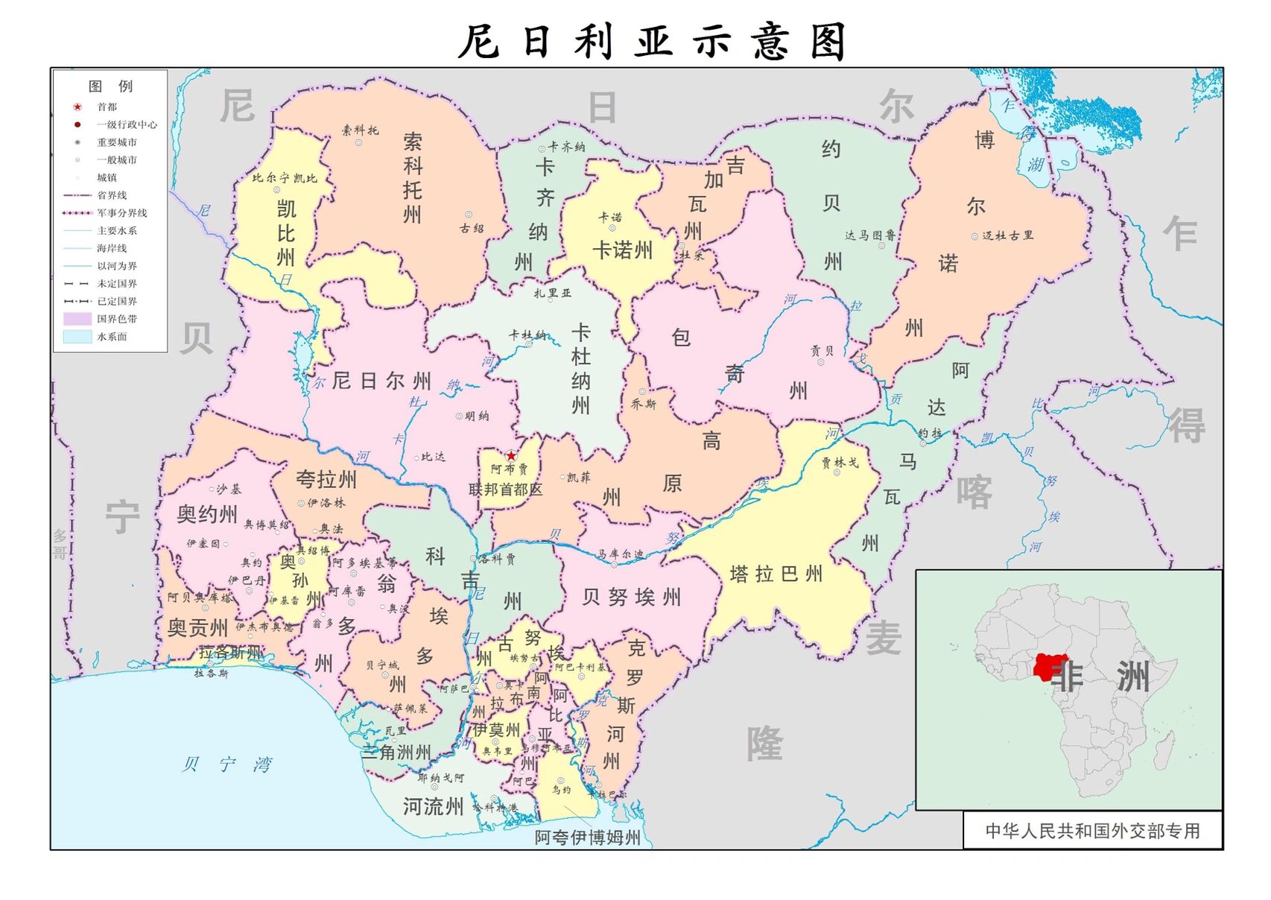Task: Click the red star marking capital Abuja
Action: [x=511, y=456]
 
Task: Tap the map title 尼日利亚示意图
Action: [x=653, y=42]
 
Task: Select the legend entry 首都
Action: [x=107, y=107]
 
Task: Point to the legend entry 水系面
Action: [x=112, y=337]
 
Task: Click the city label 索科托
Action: [x=361, y=130]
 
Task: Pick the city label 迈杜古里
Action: [x=1007, y=235]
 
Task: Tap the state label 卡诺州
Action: [x=622, y=250]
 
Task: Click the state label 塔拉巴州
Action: [x=776, y=574]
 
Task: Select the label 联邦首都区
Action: [x=506, y=489]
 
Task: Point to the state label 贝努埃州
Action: [x=632, y=597]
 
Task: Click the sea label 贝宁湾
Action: [x=227, y=764]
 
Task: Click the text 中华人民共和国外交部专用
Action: [x=1092, y=831]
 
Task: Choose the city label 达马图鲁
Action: [x=869, y=235]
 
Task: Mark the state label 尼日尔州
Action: [x=381, y=381]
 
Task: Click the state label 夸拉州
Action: [x=326, y=479]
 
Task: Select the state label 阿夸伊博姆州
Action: [x=587, y=837]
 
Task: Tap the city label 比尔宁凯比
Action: [x=285, y=179]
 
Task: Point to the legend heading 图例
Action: [x=110, y=86]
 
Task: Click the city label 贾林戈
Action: [x=840, y=463]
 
